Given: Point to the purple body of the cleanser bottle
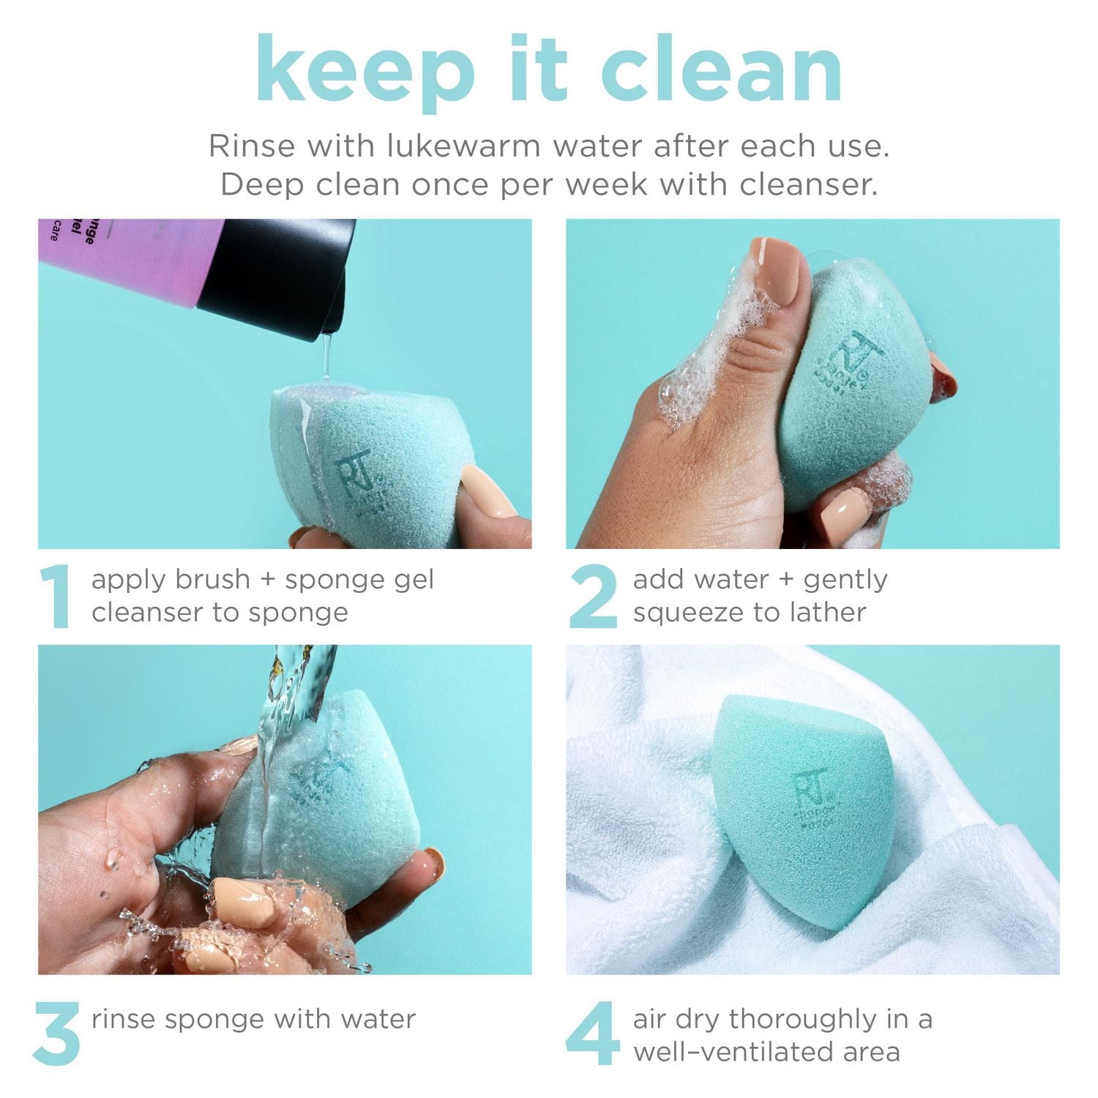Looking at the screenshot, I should tap(117, 260).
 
